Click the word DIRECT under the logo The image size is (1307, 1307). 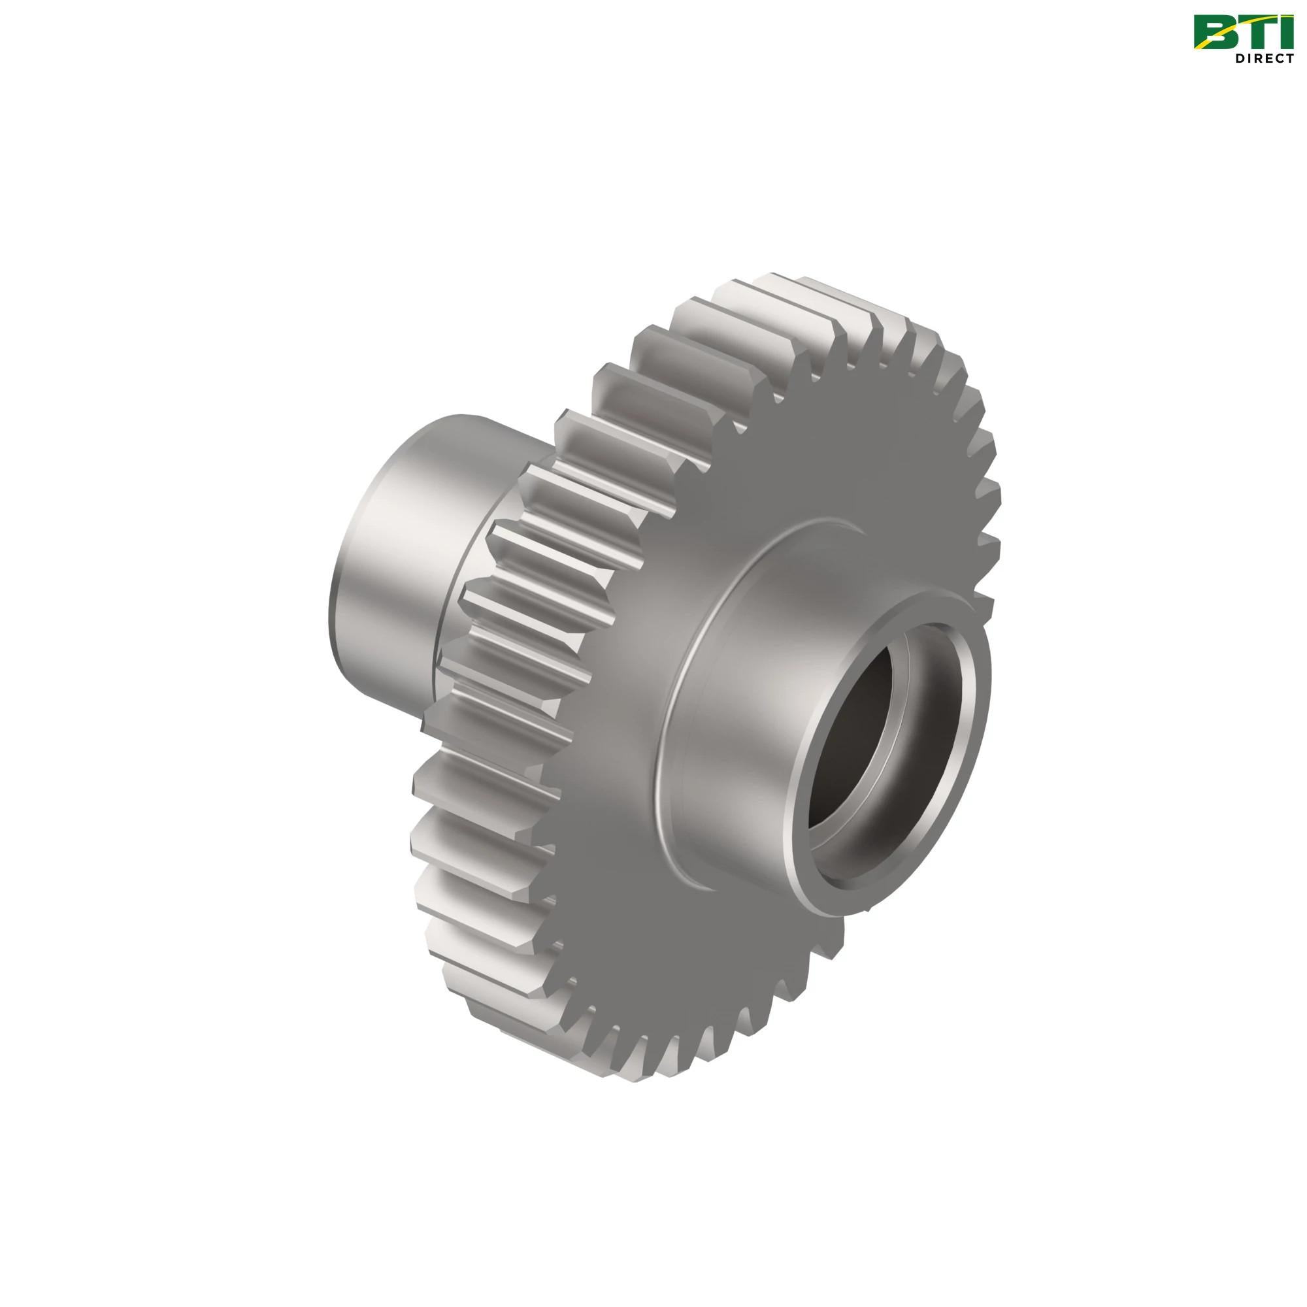click(x=1265, y=58)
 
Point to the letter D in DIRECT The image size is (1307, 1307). click(x=1240, y=58)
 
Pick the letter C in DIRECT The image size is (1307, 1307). click(x=1280, y=58)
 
